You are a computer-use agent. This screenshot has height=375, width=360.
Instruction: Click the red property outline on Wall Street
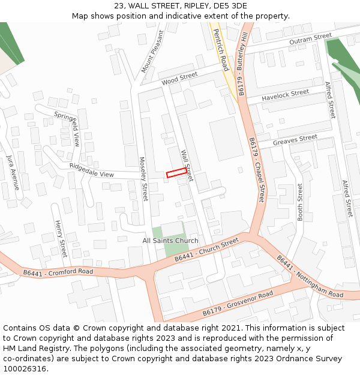176,173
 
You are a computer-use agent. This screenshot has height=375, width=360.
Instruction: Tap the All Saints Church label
170,241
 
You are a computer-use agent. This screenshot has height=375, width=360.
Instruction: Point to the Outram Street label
310,39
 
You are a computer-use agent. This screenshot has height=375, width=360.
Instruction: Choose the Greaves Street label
295,140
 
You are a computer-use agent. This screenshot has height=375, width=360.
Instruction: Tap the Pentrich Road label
221,50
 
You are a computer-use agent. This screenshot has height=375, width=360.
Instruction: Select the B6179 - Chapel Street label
257,169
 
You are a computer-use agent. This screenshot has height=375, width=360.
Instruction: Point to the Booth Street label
300,202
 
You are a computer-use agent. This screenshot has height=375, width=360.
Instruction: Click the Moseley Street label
143,179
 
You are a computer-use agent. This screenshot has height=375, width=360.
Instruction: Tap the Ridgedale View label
91,170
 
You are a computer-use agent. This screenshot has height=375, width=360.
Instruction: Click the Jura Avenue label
13,172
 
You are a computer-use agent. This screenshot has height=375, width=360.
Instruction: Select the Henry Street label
61,239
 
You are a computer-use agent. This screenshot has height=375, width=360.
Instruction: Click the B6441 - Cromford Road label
58,272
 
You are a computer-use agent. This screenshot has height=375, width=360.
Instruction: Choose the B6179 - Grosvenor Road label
238,304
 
